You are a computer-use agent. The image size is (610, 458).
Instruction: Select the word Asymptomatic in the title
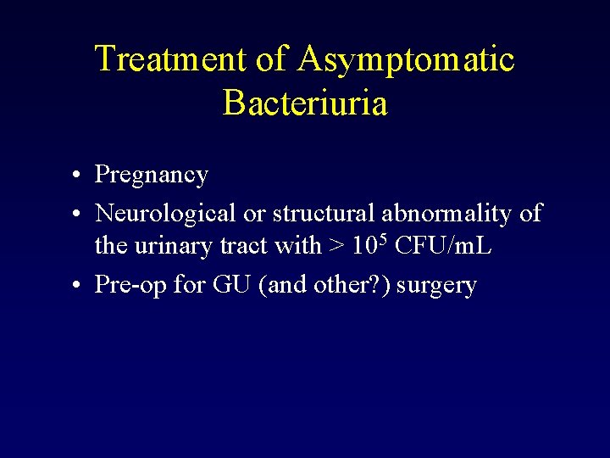(x=406, y=59)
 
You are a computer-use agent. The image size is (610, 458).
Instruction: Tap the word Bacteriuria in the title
(x=305, y=103)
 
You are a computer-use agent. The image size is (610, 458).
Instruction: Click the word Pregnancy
(x=152, y=176)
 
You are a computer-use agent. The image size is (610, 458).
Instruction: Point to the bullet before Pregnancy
(x=76, y=176)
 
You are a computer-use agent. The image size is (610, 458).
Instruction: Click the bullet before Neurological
(x=76, y=214)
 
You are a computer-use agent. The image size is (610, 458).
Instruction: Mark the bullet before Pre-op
(x=76, y=285)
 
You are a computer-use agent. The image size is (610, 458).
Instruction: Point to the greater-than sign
(x=336, y=247)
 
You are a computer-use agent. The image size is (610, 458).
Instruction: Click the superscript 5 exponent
(x=384, y=238)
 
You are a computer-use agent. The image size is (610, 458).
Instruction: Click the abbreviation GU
(x=230, y=285)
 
